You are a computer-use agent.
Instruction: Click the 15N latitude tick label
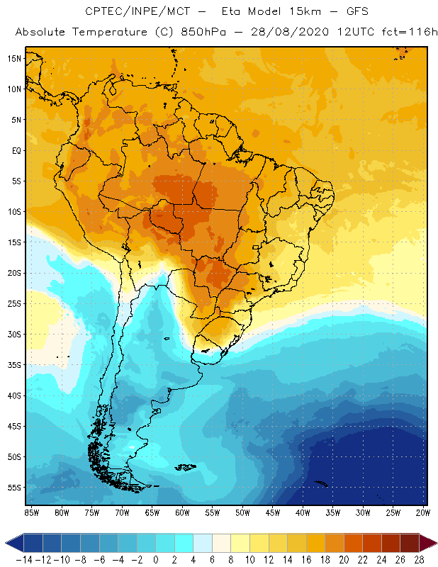[14, 58]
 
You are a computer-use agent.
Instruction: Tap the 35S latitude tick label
[14, 365]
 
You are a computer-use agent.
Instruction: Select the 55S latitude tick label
[14, 488]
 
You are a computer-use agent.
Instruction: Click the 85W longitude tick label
[31, 512]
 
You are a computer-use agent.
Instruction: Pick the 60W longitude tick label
[182, 512]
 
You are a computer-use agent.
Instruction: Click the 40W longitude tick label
[303, 512]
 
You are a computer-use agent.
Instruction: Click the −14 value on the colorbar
[23, 559]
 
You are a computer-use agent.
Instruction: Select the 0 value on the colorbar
[155, 559]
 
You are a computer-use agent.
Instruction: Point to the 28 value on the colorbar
[418, 559]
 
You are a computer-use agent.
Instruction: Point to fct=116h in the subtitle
[410, 33]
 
